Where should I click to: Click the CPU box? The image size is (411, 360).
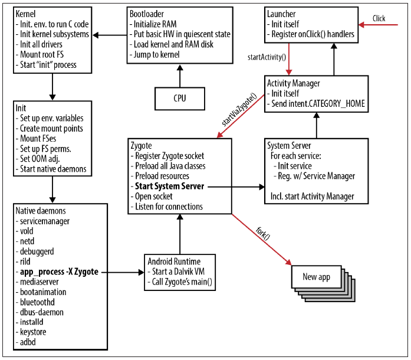click(180, 99)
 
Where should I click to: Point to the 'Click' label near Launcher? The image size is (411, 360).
click(379, 18)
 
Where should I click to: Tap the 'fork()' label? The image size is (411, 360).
click(262, 233)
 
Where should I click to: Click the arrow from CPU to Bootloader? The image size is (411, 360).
click(180, 76)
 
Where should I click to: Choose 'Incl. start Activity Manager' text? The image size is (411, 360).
click(313, 196)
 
